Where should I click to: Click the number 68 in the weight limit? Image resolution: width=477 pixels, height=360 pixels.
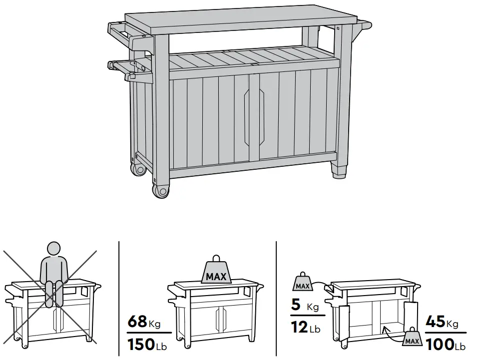138,321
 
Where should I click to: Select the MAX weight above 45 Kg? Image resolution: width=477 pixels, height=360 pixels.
412,339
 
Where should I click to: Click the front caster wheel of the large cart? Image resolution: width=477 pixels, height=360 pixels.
161,190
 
